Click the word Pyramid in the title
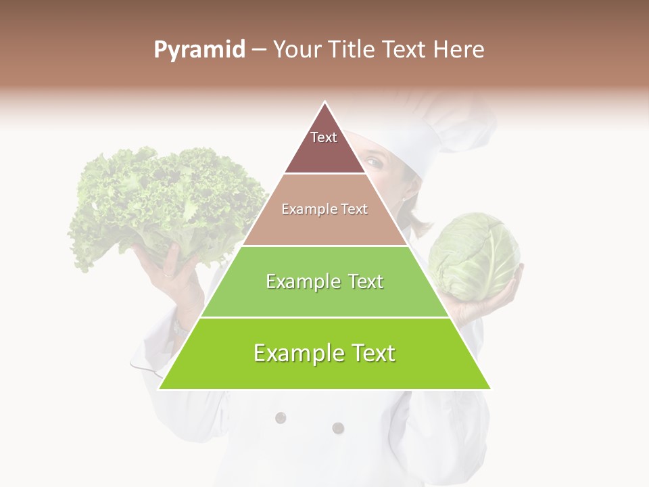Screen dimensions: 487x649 (199, 50)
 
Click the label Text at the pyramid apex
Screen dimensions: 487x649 (324, 137)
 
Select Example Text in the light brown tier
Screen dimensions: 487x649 (324, 209)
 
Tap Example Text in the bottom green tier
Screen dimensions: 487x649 (324, 353)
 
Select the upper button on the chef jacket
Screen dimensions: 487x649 (281, 417)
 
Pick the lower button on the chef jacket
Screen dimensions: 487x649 (338, 427)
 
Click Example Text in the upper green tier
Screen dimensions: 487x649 (324, 281)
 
